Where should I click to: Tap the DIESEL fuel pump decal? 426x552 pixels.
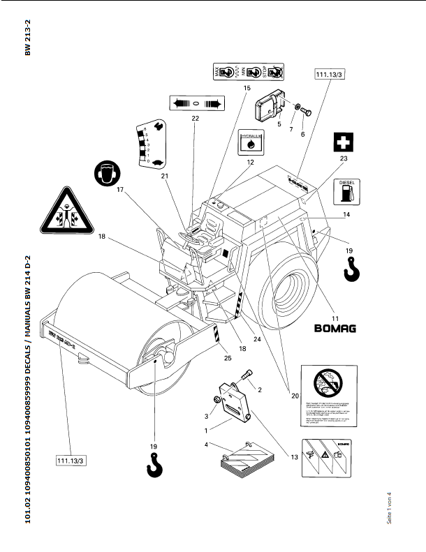coord(347,191)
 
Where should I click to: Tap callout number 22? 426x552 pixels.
coord(196,119)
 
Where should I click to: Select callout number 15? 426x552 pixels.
coord(247,89)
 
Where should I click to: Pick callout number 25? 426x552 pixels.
coord(228,358)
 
